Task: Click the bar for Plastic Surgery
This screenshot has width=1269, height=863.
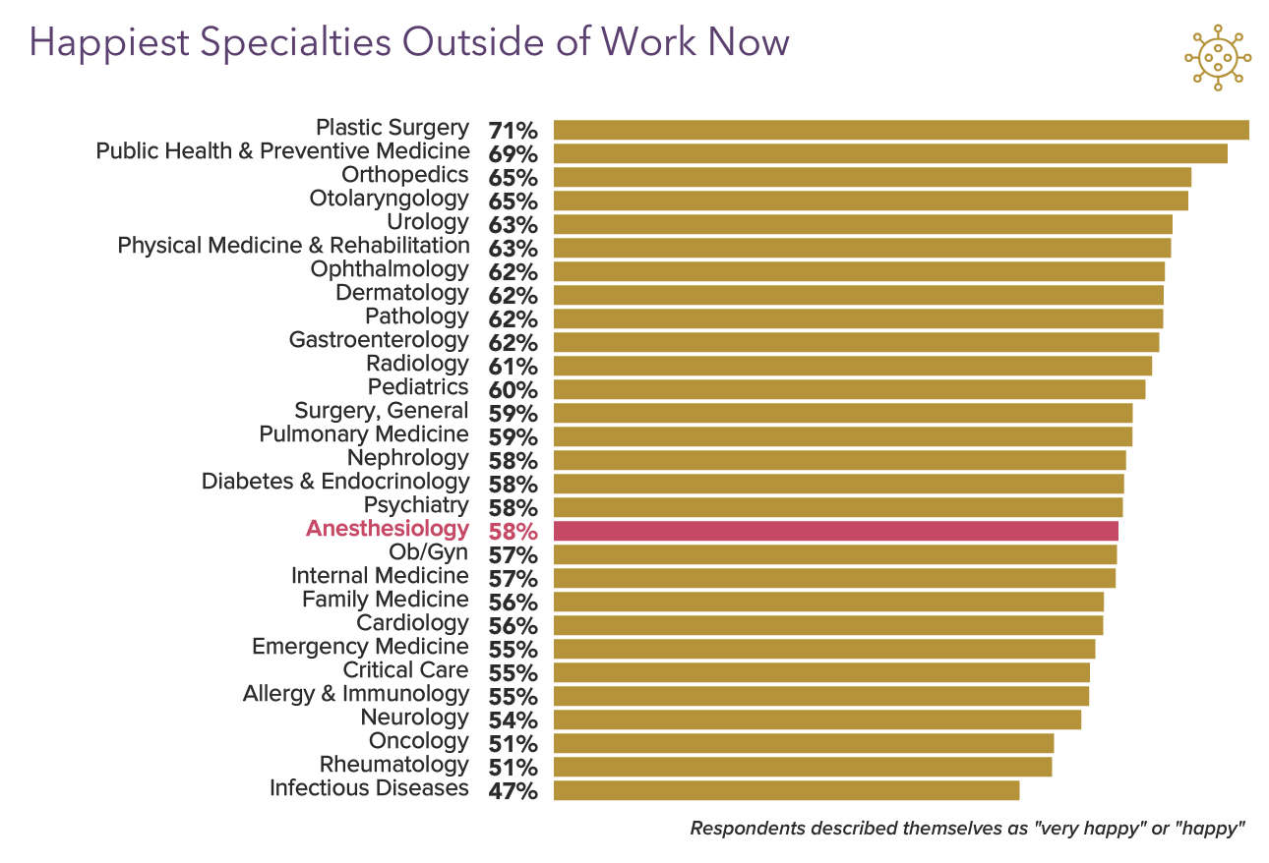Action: coord(901,130)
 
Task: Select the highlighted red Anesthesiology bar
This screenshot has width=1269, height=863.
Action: coord(836,531)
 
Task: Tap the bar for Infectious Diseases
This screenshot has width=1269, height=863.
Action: coord(786,790)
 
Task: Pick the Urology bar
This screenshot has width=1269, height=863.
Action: coord(863,224)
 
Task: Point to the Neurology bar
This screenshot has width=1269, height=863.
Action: coord(817,719)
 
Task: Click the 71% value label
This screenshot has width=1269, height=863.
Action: coord(513,131)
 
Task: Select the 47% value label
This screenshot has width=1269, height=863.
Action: coord(513,791)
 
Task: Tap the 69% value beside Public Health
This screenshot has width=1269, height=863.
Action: coord(513,154)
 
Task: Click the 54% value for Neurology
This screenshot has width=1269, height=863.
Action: coord(513,720)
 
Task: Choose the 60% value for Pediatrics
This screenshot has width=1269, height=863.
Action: coord(513,390)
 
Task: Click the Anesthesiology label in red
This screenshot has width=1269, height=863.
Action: coord(388,529)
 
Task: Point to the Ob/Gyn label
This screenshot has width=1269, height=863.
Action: coord(429,552)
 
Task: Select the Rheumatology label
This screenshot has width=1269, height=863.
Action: coord(393,765)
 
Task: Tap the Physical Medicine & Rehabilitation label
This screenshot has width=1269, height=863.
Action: coord(293,246)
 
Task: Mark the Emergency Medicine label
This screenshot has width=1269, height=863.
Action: coord(360,647)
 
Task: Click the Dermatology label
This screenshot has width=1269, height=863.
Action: coord(402,293)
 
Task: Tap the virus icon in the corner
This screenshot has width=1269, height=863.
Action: coord(1217,58)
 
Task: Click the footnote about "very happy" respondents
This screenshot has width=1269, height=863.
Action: coord(968,828)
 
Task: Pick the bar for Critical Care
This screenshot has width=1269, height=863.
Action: coord(821,672)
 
